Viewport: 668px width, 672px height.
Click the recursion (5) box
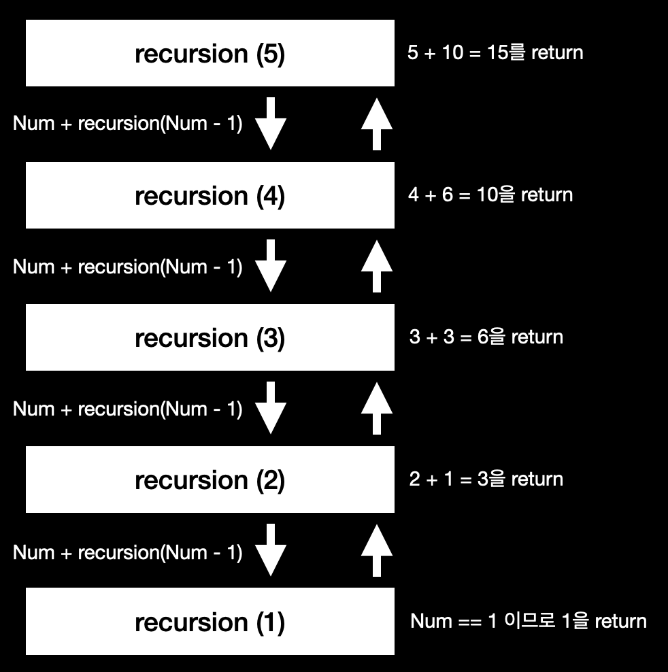[210, 54]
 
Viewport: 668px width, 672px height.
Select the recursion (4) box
[210, 195]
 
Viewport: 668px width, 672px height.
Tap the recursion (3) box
[210, 337]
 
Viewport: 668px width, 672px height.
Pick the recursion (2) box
[210, 480]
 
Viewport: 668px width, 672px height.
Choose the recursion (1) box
[210, 622]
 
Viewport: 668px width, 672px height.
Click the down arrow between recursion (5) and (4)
[270, 124]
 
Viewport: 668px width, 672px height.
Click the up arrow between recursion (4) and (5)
[376, 124]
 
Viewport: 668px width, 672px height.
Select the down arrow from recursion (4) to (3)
[270, 266]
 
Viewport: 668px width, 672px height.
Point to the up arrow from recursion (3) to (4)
[376, 266]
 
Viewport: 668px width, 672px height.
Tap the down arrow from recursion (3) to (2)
[270, 408]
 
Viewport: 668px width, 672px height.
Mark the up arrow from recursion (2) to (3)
[376, 408]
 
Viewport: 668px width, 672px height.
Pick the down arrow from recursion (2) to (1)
[270, 550]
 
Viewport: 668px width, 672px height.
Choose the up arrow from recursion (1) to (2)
[376, 550]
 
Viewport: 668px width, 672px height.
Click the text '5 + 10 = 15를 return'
[495, 53]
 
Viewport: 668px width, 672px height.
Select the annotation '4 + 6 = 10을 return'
[490, 195]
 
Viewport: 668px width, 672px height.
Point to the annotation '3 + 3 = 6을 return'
[486, 337]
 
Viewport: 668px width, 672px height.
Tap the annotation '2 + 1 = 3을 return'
[486, 480]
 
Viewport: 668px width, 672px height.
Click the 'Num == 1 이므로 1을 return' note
[529, 621]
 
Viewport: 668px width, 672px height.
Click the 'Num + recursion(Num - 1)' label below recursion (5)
[128, 124]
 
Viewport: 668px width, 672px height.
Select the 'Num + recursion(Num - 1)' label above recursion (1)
[128, 552]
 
